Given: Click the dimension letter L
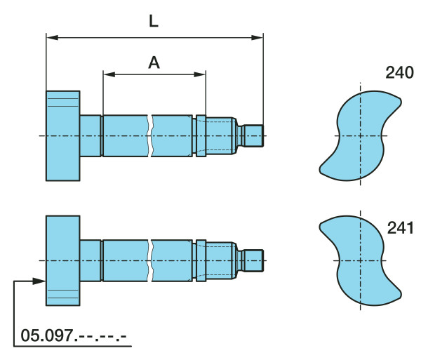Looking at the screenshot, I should coord(154,20).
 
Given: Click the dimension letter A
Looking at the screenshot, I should coord(154,62).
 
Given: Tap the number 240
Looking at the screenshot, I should coord(399,72).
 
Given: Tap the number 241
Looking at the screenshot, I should coord(401,227).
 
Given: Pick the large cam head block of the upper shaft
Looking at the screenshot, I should coord(62,135).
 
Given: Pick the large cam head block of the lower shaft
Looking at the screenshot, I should coord(62,260).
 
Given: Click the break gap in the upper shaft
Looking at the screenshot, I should coord(149,135).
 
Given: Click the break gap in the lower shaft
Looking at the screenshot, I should coord(149,260).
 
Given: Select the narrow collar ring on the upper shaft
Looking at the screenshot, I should coord(201,135).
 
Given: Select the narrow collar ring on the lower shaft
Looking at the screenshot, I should coord(201,260).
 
